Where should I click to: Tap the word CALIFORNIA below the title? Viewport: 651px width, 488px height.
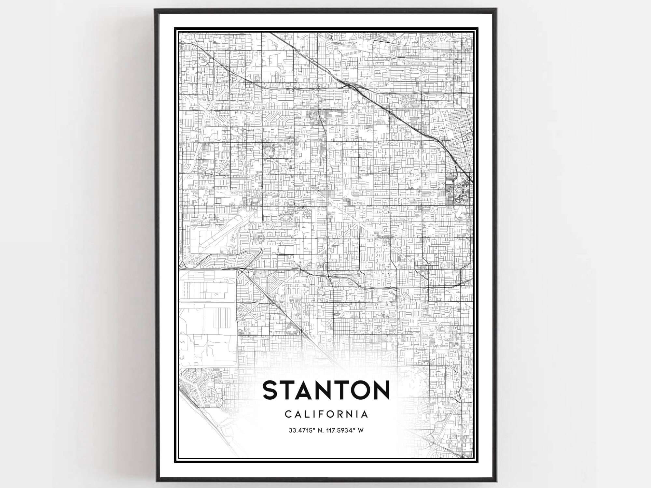(x=326, y=414)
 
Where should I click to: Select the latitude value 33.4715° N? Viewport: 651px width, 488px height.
(x=305, y=430)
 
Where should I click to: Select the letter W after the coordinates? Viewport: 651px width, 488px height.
(x=361, y=430)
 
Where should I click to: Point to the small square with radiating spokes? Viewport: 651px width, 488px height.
(x=441, y=186)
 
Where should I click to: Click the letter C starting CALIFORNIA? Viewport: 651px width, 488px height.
(x=288, y=414)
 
